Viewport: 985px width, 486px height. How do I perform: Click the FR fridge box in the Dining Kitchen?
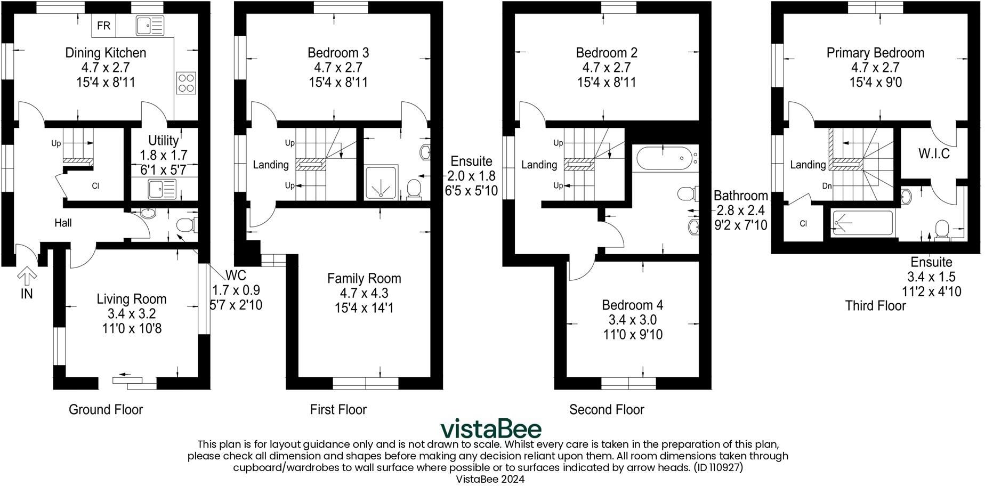tap(104, 26)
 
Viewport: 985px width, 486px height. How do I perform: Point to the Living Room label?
tap(132, 299)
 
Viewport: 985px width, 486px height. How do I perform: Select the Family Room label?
tap(364, 278)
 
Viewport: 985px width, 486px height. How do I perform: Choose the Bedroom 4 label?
tap(632, 305)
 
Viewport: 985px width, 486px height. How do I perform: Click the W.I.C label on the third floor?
tap(934, 154)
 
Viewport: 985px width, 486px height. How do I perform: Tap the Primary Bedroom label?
tap(875, 53)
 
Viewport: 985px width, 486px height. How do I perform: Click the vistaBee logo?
tap(491, 429)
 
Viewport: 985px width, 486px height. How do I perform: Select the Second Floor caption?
tap(607, 409)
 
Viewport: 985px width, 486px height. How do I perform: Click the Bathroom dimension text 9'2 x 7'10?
tap(740, 225)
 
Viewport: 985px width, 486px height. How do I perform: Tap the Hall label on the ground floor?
tap(63, 223)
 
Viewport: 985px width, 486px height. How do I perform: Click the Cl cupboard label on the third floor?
tap(803, 224)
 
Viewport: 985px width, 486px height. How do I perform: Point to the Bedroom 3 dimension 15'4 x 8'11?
tap(338, 83)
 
